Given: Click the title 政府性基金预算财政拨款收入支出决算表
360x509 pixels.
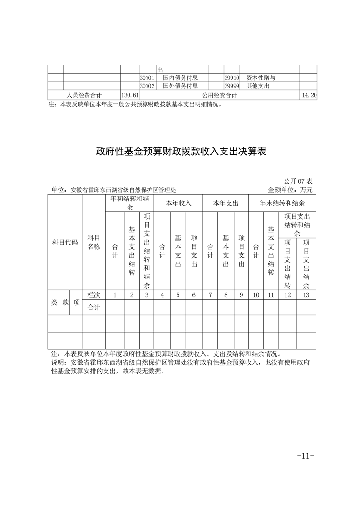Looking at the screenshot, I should tap(180, 151).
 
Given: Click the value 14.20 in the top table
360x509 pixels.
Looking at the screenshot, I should tap(308, 95).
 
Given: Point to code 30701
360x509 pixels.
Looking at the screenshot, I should tap(147, 78).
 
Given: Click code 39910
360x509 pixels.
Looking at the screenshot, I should tap(232, 78).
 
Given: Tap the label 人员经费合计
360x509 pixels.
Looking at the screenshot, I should tap(84, 95).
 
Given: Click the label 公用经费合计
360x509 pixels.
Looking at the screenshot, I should tap(220, 95).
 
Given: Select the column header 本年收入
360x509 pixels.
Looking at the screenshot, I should tap(178, 203).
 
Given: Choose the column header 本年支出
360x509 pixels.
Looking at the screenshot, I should tap(226, 203).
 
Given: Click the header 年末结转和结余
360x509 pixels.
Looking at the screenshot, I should tap(282, 203).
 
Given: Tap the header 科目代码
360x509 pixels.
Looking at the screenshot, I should tap(65, 242).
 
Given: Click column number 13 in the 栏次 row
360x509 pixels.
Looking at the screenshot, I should tap(306, 295).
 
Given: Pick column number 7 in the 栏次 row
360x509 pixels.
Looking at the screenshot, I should tap(210, 295).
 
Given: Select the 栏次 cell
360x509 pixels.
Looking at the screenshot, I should tap(94, 295).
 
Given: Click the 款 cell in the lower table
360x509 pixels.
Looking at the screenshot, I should tap(65, 303).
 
